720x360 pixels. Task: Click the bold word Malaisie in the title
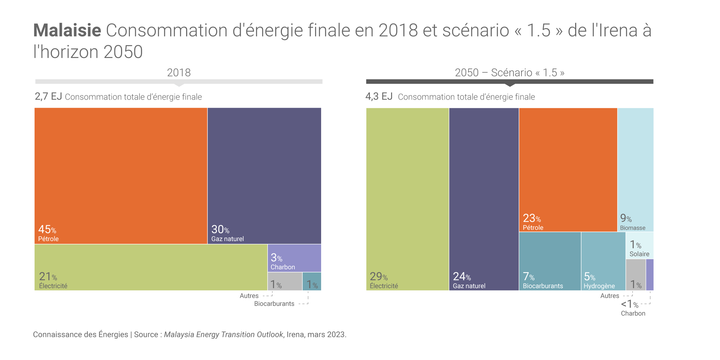tap(67, 30)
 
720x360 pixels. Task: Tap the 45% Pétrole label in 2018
tap(48, 234)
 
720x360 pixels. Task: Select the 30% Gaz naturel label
tap(227, 234)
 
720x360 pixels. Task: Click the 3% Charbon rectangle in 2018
tap(294, 258)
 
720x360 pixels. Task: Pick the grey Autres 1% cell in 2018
tap(285, 281)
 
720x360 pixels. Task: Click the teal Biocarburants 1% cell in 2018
tap(312, 281)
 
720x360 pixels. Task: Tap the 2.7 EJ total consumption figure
tap(48, 96)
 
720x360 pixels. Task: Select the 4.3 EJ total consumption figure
tap(379, 96)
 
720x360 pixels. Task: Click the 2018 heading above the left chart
tap(179, 73)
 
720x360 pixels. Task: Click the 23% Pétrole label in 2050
tap(533, 222)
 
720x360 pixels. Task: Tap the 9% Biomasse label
tap(632, 222)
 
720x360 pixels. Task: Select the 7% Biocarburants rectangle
tap(550, 261)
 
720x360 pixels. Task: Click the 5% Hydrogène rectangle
tap(603, 261)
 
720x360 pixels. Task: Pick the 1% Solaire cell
tap(639, 245)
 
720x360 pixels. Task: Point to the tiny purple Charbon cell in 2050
tap(650, 274)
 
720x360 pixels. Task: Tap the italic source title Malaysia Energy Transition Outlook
tap(223, 334)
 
